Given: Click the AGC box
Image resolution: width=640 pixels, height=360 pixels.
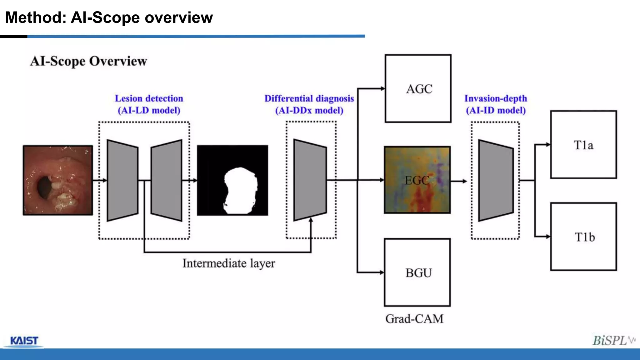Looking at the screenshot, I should tap(418, 89).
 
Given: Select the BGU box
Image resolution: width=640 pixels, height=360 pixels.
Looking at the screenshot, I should tap(417, 272).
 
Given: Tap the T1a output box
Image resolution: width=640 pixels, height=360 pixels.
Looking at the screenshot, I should tap(583, 145).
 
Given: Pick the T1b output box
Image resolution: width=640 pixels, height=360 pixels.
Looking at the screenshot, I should tap(583, 237).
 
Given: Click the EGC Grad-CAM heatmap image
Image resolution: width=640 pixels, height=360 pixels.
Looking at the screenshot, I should tap(417, 180).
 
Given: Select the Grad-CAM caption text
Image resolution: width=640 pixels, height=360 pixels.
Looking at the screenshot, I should tap(414, 319).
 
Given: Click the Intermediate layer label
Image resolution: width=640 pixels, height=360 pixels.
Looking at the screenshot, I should tap(228, 263).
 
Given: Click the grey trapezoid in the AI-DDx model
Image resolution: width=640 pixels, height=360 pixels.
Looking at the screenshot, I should tap(310, 180).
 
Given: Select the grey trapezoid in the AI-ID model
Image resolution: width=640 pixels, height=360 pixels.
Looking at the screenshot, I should tap(496, 180).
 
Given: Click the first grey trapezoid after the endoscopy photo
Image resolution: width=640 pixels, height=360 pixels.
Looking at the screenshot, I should tap(122, 180).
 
